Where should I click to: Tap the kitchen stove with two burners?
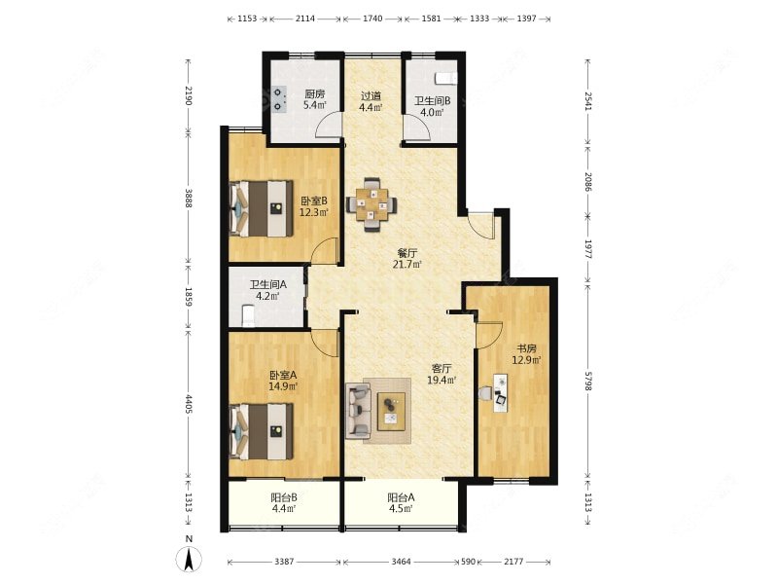[x=279, y=99]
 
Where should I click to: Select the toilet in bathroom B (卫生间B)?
[x=445, y=78]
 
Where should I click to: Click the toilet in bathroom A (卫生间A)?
[x=248, y=315]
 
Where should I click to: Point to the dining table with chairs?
[x=371, y=204]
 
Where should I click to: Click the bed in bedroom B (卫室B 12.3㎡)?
[x=261, y=208]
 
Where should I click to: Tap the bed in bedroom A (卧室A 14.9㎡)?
[x=261, y=431]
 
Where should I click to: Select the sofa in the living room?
[x=358, y=411]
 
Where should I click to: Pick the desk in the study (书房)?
[x=501, y=393]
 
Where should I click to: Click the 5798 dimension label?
[x=587, y=381]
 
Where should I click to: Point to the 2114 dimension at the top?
[x=305, y=18]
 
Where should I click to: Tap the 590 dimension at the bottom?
[x=469, y=562]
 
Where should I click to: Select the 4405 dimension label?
[x=189, y=404]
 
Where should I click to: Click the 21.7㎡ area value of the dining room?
[x=407, y=264]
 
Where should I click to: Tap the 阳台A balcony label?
[x=401, y=496]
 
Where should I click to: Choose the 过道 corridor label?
[x=371, y=95]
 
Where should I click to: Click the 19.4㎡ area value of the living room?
[x=442, y=381]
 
